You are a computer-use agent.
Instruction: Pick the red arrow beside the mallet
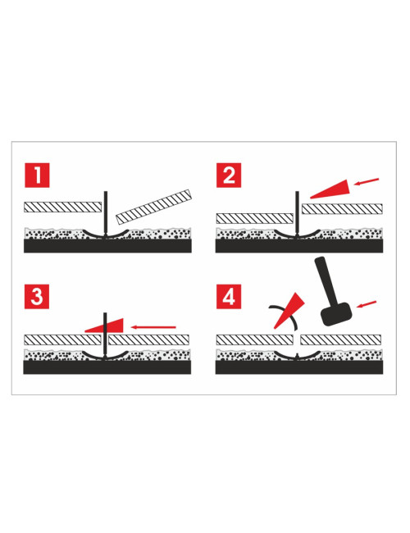367,304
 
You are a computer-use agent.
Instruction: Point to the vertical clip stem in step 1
105,210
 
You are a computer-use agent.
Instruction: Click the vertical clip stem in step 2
297,210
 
